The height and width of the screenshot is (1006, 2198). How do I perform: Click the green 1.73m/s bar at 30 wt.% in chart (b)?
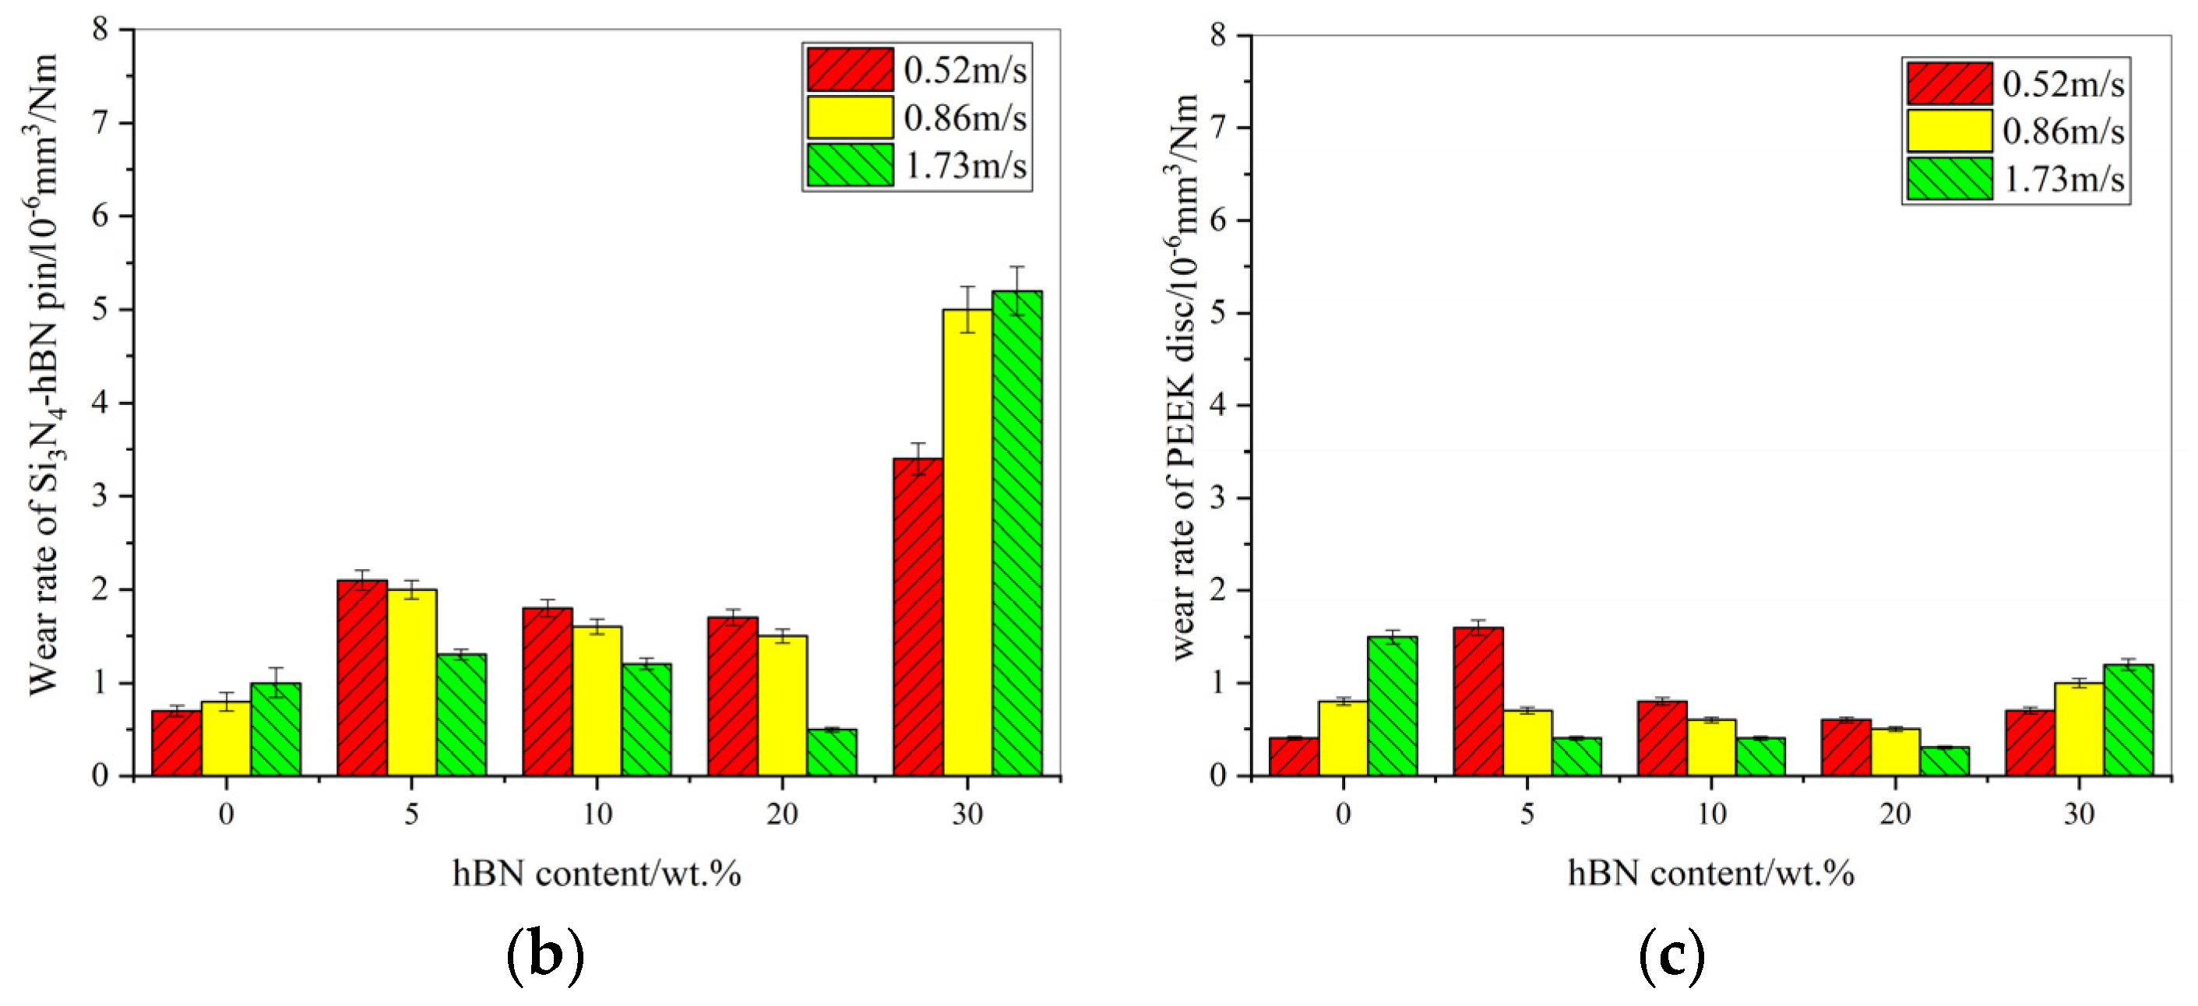[x=1017, y=533]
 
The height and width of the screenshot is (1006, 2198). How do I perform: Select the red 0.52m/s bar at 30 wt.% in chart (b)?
[x=918, y=617]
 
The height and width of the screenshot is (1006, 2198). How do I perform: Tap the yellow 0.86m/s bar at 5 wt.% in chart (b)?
[x=411, y=683]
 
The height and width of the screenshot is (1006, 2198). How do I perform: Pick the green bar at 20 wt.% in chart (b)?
[x=831, y=753]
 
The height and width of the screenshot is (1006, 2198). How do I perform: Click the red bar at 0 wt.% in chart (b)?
[x=177, y=743]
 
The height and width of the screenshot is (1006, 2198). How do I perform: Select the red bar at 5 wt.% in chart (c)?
[x=1478, y=702]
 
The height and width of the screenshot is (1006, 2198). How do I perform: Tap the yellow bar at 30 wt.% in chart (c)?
[x=2080, y=729]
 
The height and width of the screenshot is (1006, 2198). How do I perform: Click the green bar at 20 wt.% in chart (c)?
[x=1945, y=761]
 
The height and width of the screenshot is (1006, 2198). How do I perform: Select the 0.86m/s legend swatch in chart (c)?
[x=1950, y=132]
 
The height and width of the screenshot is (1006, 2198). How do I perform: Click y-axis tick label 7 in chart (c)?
[x=1217, y=128]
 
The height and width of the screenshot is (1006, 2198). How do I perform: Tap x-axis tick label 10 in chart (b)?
[x=597, y=814]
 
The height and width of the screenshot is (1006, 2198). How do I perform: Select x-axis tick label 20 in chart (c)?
[x=1895, y=814]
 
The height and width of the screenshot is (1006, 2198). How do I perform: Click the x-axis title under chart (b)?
[x=597, y=874]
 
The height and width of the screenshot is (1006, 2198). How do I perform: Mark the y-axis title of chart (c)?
[x=1183, y=375]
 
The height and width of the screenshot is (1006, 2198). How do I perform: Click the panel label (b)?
[x=545, y=956]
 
